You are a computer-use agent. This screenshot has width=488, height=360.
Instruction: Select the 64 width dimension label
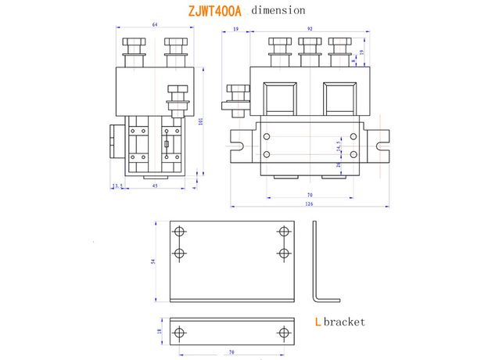click(x=154, y=26)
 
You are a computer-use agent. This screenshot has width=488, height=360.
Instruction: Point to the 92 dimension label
click(x=310, y=29)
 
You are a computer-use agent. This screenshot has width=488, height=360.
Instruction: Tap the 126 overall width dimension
click(x=309, y=205)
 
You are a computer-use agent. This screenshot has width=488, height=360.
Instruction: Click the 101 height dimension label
click(x=201, y=121)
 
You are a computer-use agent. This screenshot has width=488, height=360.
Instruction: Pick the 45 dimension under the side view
click(x=154, y=186)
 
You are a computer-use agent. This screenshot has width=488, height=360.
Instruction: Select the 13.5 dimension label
click(x=118, y=186)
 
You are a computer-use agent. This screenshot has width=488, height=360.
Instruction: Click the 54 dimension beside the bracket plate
click(x=154, y=262)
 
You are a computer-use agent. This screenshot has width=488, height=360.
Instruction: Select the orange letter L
click(x=317, y=322)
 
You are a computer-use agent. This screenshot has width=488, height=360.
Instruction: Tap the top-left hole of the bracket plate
click(x=181, y=232)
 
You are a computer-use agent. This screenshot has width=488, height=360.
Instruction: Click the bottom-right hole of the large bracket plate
click(x=283, y=253)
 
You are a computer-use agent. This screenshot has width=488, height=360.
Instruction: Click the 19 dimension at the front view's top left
click(x=235, y=29)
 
